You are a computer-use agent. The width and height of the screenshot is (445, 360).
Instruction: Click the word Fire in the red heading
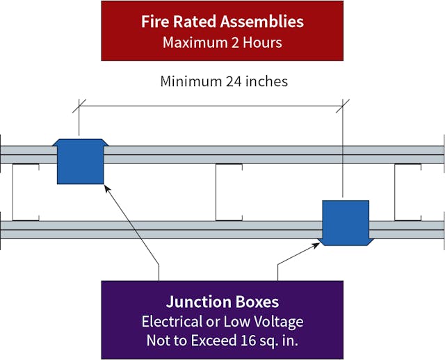156,22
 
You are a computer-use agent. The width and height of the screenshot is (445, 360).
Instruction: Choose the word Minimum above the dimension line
189,81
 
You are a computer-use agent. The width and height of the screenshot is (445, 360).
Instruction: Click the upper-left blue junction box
80,161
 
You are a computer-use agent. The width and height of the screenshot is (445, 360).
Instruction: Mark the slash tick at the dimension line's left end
79,106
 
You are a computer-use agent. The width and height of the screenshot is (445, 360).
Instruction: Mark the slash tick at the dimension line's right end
343,106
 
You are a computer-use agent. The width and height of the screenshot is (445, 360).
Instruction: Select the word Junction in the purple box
195,302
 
